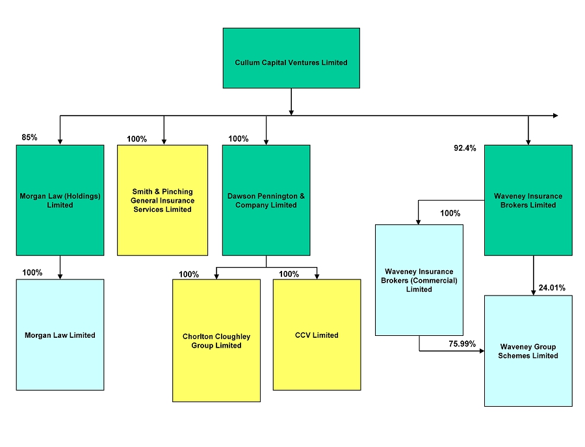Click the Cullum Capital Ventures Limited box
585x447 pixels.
[291, 58]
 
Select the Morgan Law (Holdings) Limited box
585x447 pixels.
[60, 200]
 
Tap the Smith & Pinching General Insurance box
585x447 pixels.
[162, 200]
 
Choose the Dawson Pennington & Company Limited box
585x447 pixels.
[266, 200]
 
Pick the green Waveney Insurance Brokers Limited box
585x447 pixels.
[528, 200]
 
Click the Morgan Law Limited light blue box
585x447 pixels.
[60, 335]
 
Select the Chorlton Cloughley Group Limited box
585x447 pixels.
[216, 340]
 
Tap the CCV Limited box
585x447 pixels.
[317, 335]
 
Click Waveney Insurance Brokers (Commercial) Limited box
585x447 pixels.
[419, 280]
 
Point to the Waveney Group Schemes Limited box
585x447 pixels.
[528, 351]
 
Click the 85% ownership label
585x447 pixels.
[29, 137]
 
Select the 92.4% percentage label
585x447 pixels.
[465, 148]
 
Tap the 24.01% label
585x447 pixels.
[552, 288]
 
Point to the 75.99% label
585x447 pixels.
[462, 344]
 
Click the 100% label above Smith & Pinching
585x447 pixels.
[137, 139]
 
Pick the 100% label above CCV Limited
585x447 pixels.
[289, 274]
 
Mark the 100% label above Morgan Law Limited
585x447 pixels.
[32, 272]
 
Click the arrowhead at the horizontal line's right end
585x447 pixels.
[556, 116]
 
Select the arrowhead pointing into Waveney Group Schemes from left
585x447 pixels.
[482, 351]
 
